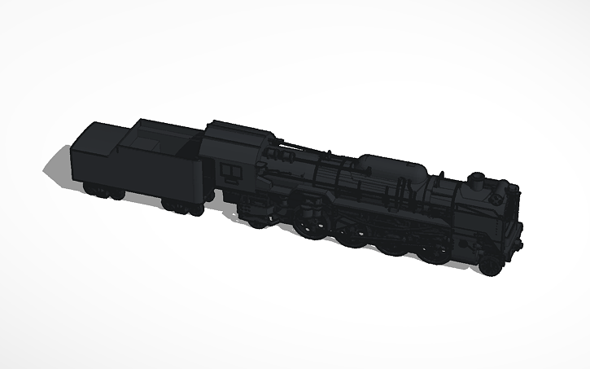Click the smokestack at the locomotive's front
click(x=476, y=178)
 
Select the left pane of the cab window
click(x=228, y=169)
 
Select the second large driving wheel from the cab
click(x=353, y=235)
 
